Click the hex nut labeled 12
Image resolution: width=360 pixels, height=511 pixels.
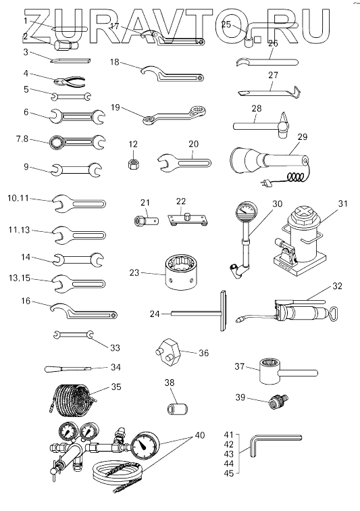133,164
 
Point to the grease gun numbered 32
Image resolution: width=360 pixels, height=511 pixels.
286,312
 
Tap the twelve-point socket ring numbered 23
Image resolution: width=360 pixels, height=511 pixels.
182,272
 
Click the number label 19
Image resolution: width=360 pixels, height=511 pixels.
115,107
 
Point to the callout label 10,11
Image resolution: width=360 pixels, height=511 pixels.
18,198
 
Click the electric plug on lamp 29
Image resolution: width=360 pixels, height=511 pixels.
265,184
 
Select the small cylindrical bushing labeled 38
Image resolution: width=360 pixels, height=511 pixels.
178,409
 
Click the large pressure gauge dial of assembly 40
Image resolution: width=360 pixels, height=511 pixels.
145,446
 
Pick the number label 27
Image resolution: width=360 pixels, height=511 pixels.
273,75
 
